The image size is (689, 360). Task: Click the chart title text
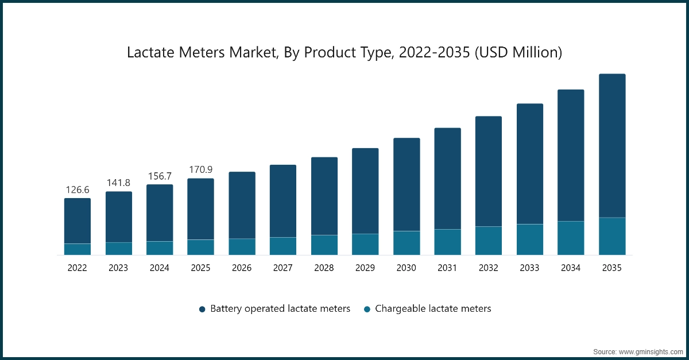(344, 53)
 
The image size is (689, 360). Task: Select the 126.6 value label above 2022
(78, 189)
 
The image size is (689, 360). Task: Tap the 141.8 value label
(118, 183)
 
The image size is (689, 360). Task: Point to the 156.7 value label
(160, 175)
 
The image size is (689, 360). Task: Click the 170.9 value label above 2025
(200, 169)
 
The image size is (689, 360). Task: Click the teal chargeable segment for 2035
(612, 236)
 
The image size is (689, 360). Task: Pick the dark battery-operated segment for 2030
(407, 184)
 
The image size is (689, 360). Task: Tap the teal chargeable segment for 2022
(78, 249)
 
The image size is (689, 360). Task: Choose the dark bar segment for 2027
(283, 201)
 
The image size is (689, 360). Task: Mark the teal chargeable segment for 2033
(530, 239)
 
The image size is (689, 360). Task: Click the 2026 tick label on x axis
(242, 268)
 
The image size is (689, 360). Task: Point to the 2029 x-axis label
(365, 268)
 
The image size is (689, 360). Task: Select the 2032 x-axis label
(489, 268)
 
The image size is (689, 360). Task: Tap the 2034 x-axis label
(571, 268)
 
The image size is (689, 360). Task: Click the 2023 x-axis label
(118, 268)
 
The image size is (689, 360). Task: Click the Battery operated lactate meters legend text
(280, 308)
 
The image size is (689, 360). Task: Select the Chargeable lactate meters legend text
(433, 308)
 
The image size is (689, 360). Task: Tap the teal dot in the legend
(367, 309)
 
